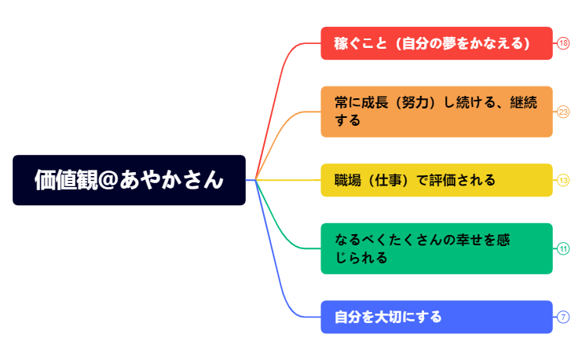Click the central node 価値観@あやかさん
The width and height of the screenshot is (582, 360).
129,180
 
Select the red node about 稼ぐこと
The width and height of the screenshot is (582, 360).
436,43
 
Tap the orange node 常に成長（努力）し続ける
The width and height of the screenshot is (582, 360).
436,111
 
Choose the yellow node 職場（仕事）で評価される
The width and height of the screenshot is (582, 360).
436,180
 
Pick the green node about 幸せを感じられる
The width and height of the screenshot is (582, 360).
436,248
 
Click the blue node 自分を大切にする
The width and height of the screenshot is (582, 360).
436,317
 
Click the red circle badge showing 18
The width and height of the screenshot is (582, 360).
563,43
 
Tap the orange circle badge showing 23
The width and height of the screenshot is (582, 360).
563,112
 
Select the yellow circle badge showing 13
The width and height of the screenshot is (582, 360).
563,180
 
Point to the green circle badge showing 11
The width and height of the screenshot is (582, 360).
563,248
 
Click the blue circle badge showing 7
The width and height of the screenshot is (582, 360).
563,317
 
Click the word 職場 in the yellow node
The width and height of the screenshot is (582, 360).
346,180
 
